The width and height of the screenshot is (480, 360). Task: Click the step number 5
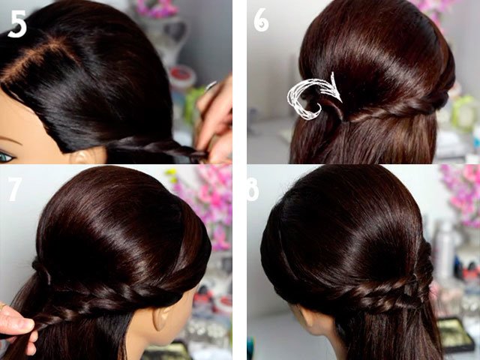17,24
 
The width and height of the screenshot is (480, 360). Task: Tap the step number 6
261,20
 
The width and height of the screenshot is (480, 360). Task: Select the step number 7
15,189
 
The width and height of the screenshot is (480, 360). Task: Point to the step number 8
253,189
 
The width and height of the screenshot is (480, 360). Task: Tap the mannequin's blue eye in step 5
6,157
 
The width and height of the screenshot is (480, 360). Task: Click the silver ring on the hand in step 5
211,86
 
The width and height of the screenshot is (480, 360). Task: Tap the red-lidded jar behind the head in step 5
182,76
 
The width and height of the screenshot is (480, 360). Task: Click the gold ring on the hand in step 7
2,306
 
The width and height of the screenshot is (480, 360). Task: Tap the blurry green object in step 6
464,112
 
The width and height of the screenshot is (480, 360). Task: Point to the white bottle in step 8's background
444,248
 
